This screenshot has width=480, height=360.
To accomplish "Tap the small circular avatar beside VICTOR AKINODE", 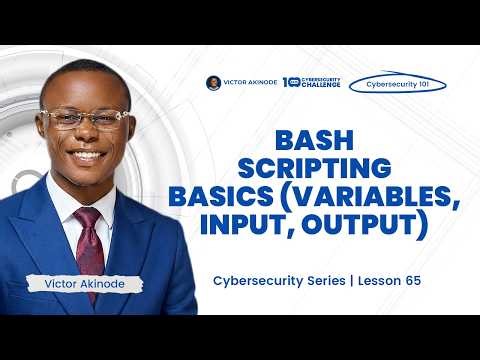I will coord(213,83).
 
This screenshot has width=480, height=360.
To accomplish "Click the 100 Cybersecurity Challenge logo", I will coord(312,83).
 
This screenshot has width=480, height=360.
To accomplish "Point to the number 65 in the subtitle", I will coord(410,281).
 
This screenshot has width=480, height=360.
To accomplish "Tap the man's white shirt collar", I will coord(70,200).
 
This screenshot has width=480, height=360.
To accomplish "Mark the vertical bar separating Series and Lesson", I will coord(345,281).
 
